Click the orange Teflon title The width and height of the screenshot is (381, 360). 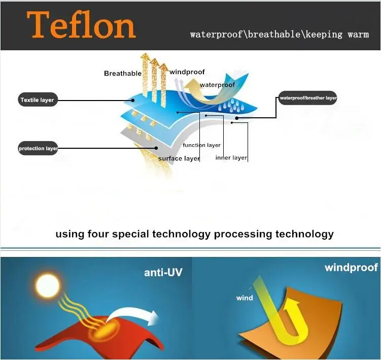tap(82, 25)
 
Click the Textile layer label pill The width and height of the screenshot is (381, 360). tap(37, 100)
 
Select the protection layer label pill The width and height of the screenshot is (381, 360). tap(38, 148)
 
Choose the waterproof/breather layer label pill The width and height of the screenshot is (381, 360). tap(307, 97)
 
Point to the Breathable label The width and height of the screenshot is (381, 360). tap(123, 74)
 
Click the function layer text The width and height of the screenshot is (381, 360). tap(201, 145)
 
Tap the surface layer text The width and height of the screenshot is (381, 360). tap(179, 158)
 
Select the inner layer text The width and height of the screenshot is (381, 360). tap(231, 157)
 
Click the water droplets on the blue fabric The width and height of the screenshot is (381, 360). tap(233, 106)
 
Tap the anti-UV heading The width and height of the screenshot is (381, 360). tap(163, 273)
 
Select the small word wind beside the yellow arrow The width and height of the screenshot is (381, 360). tap(245, 298)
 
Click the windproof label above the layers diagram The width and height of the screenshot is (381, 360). tap(187, 72)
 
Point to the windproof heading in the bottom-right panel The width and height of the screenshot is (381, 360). tap(351, 267)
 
